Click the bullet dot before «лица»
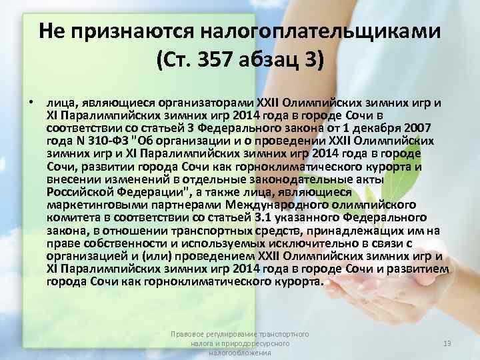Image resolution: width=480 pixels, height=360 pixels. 31,103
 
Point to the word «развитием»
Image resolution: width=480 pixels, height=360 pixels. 421,267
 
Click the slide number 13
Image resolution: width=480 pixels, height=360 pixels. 447,343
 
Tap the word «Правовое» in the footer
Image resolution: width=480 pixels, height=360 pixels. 186,332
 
